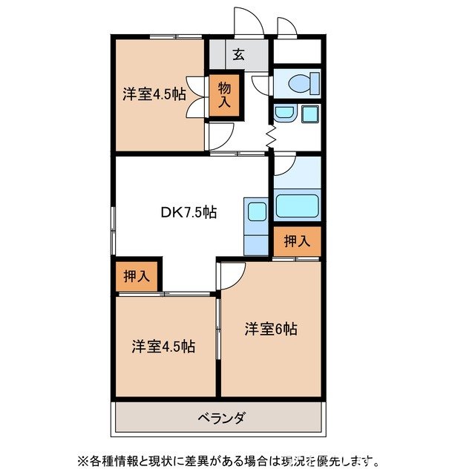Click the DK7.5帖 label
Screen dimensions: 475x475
pos(189,212)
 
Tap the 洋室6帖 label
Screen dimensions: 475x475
pos(271,329)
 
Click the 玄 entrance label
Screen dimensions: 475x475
pos(239,53)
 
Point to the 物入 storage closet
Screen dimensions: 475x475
pos(225,94)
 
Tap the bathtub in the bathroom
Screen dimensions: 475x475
pos(298,206)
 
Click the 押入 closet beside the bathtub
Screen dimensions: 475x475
pos(297,240)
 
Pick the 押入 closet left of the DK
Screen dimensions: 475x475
pos(136,277)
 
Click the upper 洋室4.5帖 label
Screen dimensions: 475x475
pos(154,94)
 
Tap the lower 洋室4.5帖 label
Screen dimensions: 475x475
pos(164,346)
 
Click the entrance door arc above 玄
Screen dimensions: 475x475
pos(249,20)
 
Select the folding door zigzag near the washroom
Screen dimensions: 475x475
pos(271,137)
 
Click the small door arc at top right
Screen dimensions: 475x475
pos(287,25)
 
